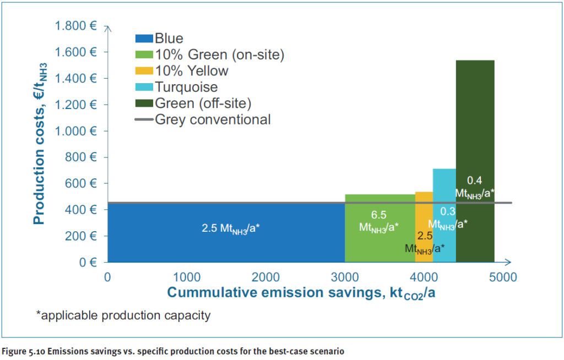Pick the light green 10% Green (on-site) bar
click(x=379, y=242)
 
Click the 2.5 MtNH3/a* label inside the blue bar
click(x=230, y=228)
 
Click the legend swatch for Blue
click(x=144, y=39)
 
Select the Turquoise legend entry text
click(x=186, y=87)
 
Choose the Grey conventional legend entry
click(x=213, y=119)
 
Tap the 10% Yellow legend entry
click(x=191, y=71)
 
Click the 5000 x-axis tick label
click(x=502, y=277)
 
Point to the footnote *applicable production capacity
click(x=123, y=316)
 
